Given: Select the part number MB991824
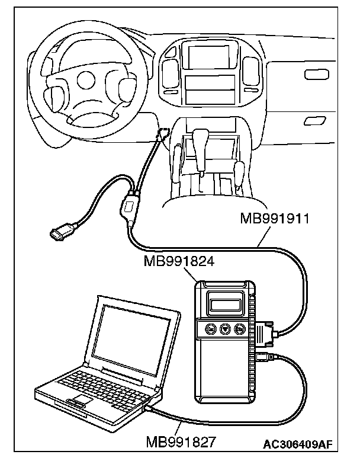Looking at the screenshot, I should point(178,261).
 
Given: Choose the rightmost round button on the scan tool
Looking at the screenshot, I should point(240,330).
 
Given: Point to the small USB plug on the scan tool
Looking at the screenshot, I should point(265,357).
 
